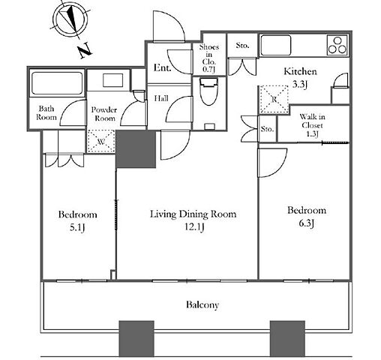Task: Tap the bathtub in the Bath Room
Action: click(57, 83)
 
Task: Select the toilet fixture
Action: click(209, 91)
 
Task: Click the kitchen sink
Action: click(276, 45)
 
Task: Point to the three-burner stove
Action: click(337, 45)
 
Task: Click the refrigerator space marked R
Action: click(274, 100)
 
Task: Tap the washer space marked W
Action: click(101, 141)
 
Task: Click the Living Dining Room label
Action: click(193, 214)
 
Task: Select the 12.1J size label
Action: click(194, 227)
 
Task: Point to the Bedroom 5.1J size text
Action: click(77, 227)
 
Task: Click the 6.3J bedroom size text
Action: click(307, 223)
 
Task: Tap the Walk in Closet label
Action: click(312, 125)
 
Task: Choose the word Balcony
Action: click(202, 304)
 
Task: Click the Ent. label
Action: click(162, 67)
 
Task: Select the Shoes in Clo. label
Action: click(209, 58)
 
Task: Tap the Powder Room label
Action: click(104, 114)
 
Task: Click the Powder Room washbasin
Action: click(113, 80)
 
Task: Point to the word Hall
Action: click(161, 98)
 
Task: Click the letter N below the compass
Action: click(85, 51)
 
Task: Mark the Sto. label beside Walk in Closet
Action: click(267, 129)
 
